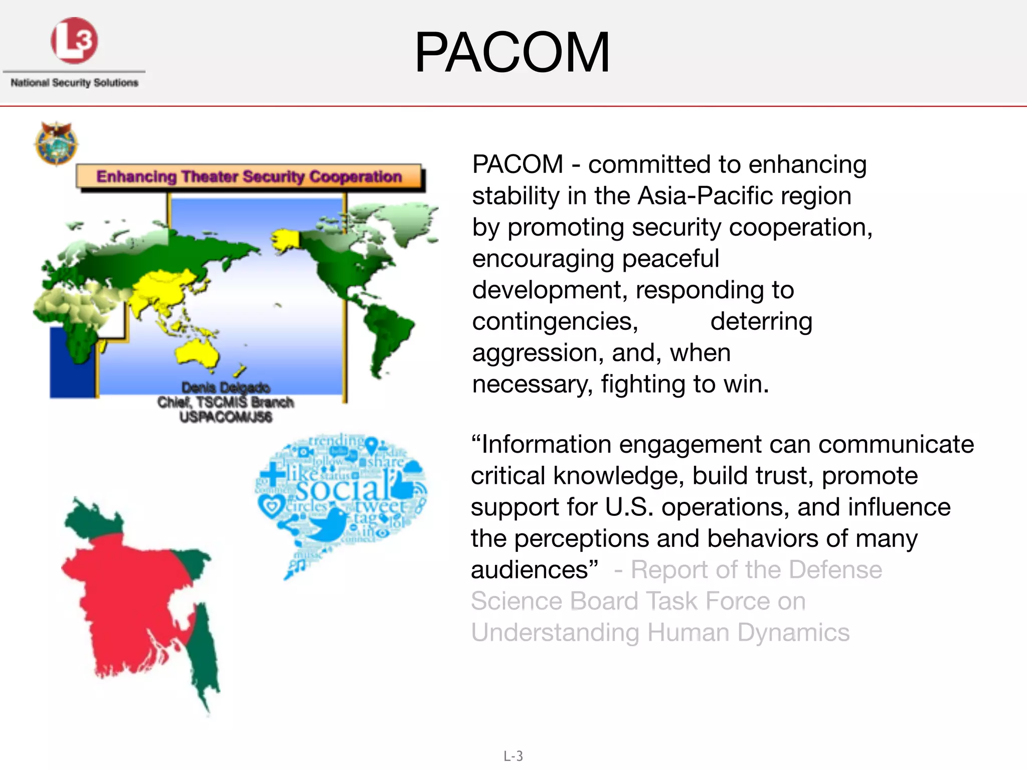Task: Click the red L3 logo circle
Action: (x=74, y=41)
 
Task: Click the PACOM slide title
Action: (x=512, y=53)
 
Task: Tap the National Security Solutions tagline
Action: (x=74, y=83)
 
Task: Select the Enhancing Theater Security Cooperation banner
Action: (x=249, y=176)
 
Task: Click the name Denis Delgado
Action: (x=226, y=388)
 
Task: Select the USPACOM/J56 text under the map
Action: (x=226, y=417)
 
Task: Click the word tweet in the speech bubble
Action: (x=381, y=505)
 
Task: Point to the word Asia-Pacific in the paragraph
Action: (x=744, y=196)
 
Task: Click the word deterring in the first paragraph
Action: (x=761, y=321)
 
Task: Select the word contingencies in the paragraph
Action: (x=555, y=321)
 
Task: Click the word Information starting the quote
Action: (x=547, y=444)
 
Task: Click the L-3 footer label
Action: (x=513, y=756)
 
